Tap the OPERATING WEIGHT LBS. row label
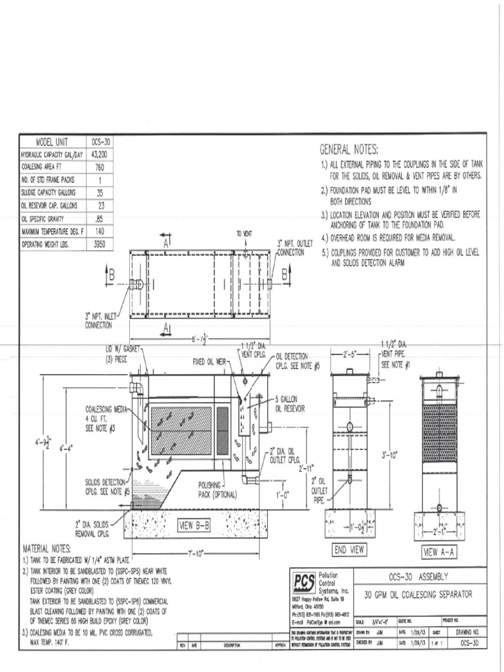pyautogui.click(x=52, y=243)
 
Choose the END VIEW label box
pyautogui.click(x=349, y=549)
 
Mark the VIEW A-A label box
pyautogui.click(x=439, y=551)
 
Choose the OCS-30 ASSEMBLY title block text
pyautogui.click(x=418, y=576)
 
